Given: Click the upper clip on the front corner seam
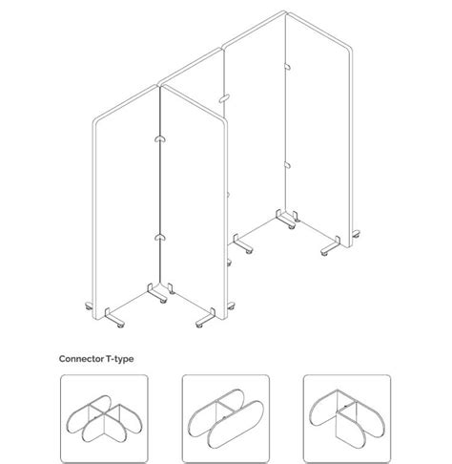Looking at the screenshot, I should (158, 141).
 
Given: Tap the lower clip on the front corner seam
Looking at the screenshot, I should (158, 235).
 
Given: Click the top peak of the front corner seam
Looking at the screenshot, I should (158, 87).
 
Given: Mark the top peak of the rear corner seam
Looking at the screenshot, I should (285, 14).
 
